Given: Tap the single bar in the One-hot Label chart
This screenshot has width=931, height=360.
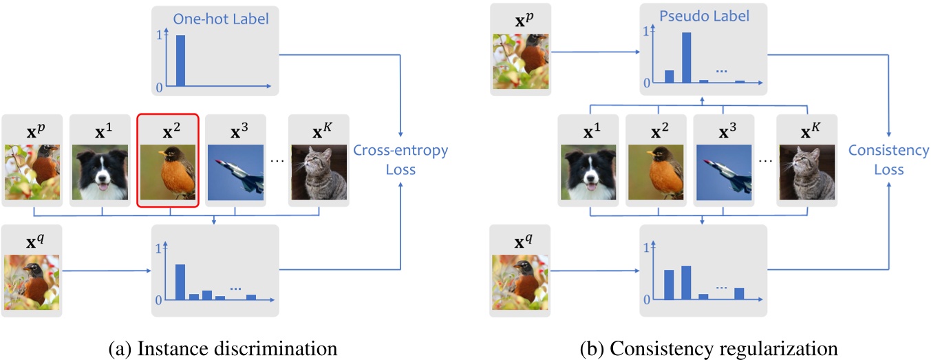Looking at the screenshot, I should click(x=180, y=61).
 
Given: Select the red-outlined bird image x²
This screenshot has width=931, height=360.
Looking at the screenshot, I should click(x=168, y=172).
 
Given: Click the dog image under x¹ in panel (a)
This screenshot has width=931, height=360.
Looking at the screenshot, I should click(x=100, y=172).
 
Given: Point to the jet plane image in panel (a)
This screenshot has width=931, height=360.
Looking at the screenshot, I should click(x=235, y=172).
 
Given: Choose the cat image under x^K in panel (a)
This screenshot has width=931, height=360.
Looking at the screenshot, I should click(x=319, y=172).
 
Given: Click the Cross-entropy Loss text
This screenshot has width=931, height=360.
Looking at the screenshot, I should click(x=400, y=160).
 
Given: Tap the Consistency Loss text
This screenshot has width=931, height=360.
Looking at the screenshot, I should click(x=888, y=160).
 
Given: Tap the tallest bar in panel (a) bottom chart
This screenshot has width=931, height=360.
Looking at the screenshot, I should click(x=180, y=282).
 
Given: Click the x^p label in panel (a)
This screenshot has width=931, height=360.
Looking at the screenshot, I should click(x=32, y=129).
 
